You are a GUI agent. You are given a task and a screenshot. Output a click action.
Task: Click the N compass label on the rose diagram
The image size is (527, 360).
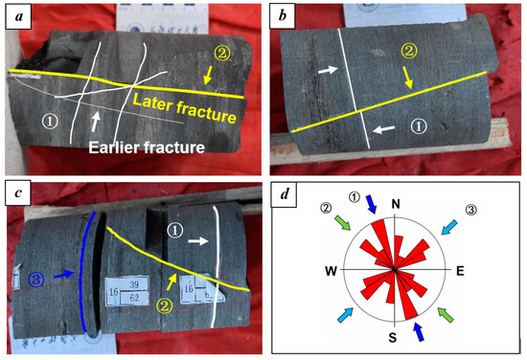[395, 204]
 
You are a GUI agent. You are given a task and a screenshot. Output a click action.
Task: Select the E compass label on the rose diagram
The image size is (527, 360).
[460, 271]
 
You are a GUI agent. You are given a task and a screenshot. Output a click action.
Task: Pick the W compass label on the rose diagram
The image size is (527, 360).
[331, 271]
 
